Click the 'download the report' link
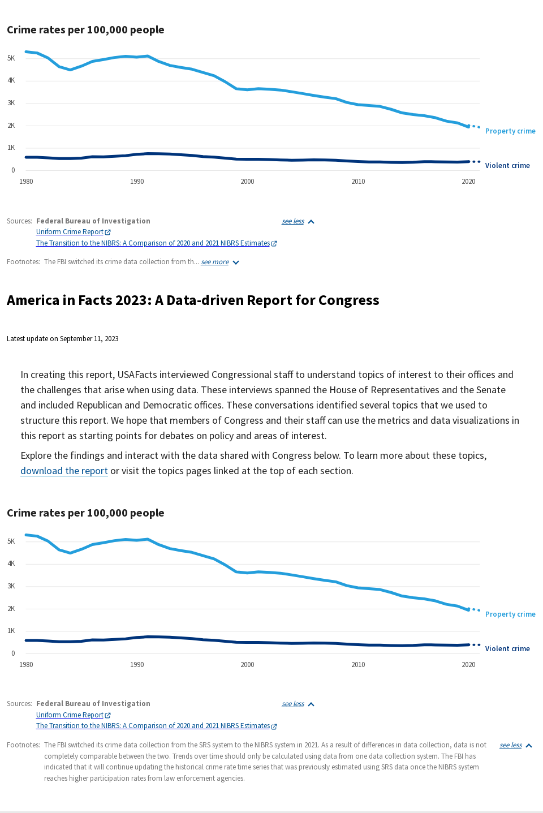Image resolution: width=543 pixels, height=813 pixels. (x=64, y=471)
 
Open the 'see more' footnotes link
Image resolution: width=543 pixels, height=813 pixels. (x=215, y=262)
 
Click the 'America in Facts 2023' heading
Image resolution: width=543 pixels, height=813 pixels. (x=193, y=300)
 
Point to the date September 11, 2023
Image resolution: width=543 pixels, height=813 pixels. (x=89, y=339)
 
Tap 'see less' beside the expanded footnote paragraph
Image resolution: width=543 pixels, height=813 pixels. (x=511, y=745)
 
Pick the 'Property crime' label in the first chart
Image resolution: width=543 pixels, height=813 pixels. (x=510, y=131)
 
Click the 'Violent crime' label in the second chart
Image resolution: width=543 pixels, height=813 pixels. (x=507, y=648)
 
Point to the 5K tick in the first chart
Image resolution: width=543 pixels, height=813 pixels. (x=11, y=58)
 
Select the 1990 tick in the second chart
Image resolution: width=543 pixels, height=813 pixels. (x=137, y=665)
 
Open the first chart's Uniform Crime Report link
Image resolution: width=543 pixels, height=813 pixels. (x=70, y=232)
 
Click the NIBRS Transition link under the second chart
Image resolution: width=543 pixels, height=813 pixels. (x=153, y=726)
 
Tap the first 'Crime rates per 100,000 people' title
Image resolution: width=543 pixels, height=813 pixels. (x=85, y=30)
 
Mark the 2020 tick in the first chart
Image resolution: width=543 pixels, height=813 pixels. (x=468, y=182)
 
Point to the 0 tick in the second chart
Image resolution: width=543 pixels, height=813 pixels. (x=13, y=653)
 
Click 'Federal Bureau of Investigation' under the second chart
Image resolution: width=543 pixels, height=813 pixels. (x=93, y=704)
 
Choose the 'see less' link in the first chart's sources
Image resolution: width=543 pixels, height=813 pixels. (x=293, y=221)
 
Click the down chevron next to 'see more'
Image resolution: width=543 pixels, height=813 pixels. (x=236, y=263)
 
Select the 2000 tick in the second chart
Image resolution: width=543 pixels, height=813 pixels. (x=247, y=665)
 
